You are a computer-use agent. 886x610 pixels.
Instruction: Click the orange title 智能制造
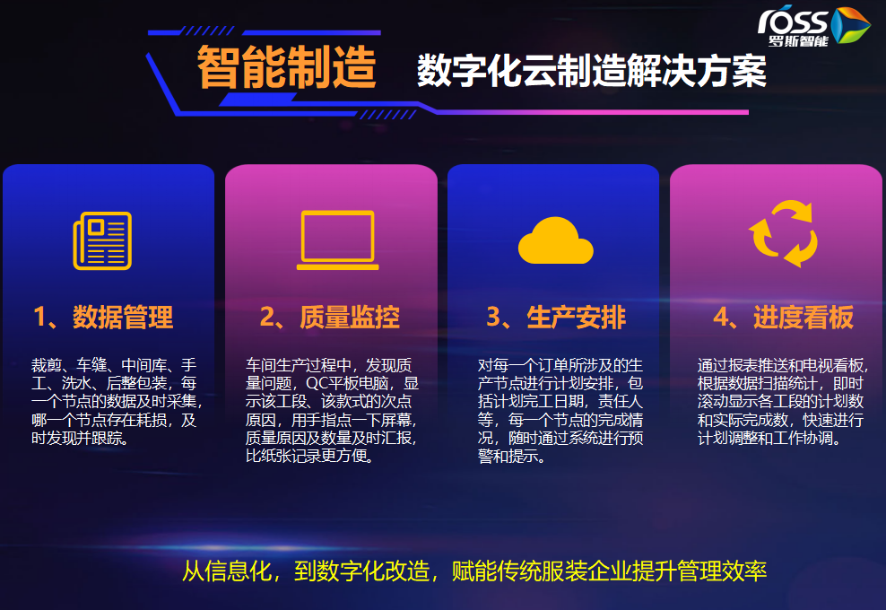click(x=286, y=67)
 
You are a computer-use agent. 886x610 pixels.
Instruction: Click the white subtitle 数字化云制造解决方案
click(x=592, y=71)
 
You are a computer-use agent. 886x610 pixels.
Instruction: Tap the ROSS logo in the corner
click(x=813, y=27)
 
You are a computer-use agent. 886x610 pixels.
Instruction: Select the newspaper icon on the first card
click(x=102, y=240)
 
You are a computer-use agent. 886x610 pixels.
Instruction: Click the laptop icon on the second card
click(x=337, y=240)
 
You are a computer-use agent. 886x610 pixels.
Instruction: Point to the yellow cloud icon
click(x=555, y=240)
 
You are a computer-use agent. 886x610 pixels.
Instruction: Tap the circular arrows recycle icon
click(x=783, y=233)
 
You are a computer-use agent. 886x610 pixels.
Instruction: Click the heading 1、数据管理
click(x=103, y=317)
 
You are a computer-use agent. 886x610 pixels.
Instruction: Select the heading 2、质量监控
click(x=330, y=317)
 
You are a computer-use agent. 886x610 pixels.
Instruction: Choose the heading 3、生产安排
click(x=557, y=317)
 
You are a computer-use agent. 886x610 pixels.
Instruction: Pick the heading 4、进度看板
click(x=784, y=317)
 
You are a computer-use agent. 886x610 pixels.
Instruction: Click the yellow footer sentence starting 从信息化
click(x=474, y=571)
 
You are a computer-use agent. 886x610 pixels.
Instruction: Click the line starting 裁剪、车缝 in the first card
click(x=114, y=365)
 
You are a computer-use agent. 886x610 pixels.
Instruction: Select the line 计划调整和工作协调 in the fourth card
click(x=769, y=438)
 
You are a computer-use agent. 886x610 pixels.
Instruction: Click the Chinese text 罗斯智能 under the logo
click(x=798, y=40)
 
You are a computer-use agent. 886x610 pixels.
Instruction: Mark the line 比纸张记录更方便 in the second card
click(x=310, y=456)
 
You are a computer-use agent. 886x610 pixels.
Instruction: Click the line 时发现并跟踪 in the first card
click(x=80, y=438)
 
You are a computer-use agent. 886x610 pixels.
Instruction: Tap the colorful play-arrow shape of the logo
click(x=849, y=25)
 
